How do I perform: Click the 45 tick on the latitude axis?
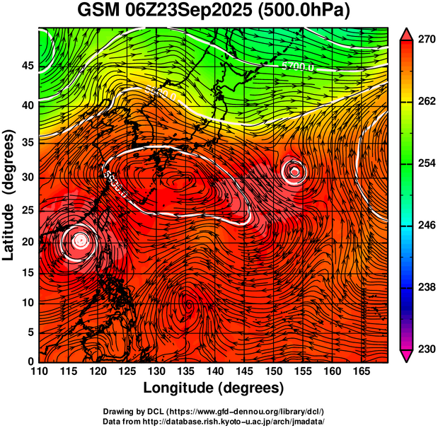(26, 66)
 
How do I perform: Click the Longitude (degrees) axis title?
(214, 388)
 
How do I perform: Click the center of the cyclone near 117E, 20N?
(80, 240)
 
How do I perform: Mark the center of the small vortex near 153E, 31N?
(294, 169)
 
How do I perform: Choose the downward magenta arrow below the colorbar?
(408, 357)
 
